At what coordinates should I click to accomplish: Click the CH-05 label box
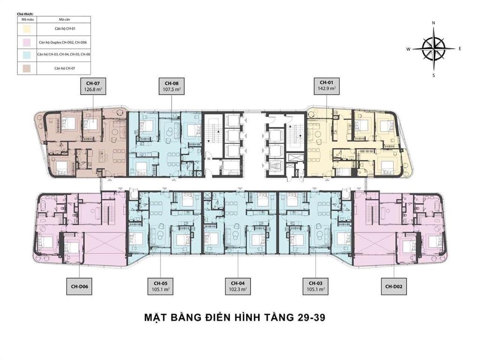point(161,286)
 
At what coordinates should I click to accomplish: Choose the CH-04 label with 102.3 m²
point(238,286)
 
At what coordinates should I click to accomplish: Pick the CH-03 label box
point(315,286)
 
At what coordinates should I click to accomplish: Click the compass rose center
point(434,49)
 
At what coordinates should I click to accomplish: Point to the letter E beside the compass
point(460,49)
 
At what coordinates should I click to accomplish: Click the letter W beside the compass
point(408,49)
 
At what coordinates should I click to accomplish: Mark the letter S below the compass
point(434,75)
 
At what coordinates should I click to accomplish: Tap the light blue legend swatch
point(27,55)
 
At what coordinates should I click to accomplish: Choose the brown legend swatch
point(27,68)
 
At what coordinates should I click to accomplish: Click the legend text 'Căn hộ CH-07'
point(64,68)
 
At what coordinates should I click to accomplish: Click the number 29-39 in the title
point(309,317)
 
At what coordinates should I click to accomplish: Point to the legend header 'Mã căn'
point(64,20)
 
